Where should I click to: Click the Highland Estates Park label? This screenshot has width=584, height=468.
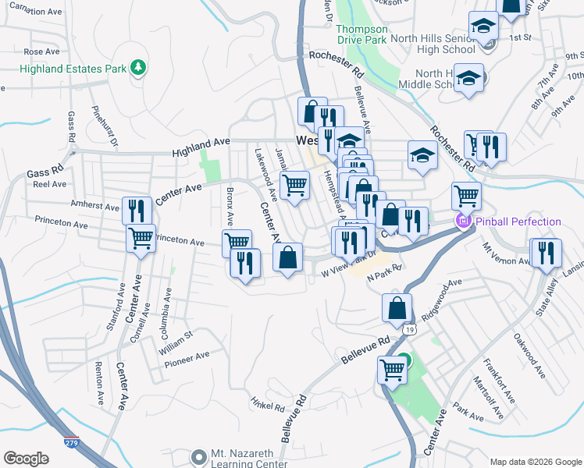click(73, 69)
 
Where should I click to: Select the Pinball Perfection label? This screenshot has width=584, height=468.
click(516, 222)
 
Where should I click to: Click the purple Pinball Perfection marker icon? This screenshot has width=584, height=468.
click(462, 222)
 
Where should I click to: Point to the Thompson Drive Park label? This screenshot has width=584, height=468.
click(361, 34)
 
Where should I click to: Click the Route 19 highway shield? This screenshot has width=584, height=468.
click(408, 330)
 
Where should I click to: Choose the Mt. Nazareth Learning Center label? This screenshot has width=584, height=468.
click(241, 459)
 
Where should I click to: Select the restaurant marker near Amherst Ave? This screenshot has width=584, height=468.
click(137, 211)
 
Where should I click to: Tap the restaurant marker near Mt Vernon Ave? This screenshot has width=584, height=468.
click(545, 253)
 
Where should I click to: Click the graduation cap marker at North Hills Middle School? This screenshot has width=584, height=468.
click(468, 78)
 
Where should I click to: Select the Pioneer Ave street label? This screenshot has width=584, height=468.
click(187, 357)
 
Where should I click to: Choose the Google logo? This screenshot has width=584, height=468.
click(27, 459)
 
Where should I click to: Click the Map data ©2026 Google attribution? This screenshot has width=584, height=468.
click(535, 462)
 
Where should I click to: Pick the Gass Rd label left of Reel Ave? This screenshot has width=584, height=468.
click(44, 171)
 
